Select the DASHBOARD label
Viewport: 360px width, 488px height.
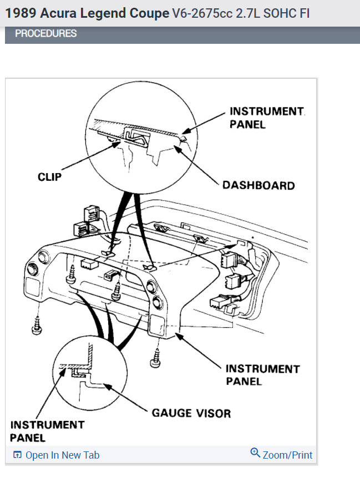258,185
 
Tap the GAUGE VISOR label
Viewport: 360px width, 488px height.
191,413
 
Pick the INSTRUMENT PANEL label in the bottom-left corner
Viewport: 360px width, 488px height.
47,431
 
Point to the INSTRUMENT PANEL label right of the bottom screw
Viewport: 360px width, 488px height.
262,375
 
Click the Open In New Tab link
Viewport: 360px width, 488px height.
62,455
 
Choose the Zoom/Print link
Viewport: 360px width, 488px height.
287,455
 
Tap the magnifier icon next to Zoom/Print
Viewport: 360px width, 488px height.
255,453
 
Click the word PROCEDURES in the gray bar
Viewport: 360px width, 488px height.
45,34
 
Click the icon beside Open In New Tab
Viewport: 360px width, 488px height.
17,455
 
